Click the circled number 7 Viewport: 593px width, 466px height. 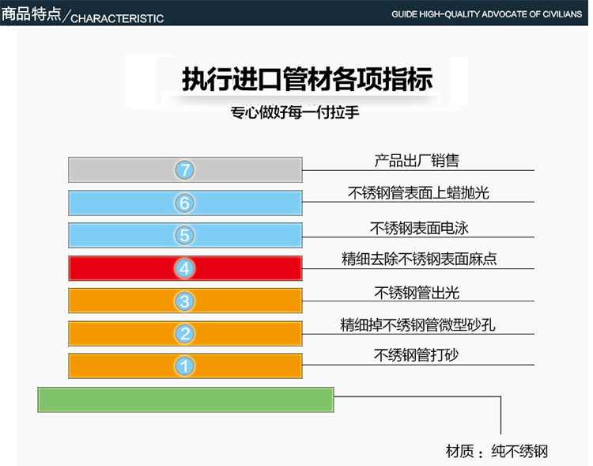tap(184, 170)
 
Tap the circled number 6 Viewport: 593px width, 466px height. tap(184, 203)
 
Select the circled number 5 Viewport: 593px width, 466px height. tap(184, 236)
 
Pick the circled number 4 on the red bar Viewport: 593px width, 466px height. tap(184, 268)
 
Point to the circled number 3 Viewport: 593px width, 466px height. tap(184, 301)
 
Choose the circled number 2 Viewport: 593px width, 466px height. tap(184, 334)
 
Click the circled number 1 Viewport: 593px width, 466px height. tap(184, 366)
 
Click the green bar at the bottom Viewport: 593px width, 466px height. tap(186, 400)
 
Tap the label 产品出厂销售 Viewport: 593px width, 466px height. tap(417, 161)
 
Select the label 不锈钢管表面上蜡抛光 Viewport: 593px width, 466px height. tap(418, 193)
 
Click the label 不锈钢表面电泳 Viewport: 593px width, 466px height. tap(419, 228)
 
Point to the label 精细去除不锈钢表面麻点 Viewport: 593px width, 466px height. tap(419, 259)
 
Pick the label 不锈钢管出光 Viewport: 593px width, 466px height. tap(417, 293)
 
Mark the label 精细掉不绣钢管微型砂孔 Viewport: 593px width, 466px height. tap(418, 325)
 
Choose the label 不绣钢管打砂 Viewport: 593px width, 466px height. tap(416, 355)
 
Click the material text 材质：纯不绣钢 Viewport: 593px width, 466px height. tap(497, 451)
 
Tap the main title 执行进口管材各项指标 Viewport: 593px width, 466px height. tap(307, 79)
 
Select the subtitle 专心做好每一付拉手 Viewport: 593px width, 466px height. tap(295, 112)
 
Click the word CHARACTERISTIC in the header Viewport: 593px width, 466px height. tap(117, 18)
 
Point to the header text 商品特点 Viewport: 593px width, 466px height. tap(31, 14)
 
